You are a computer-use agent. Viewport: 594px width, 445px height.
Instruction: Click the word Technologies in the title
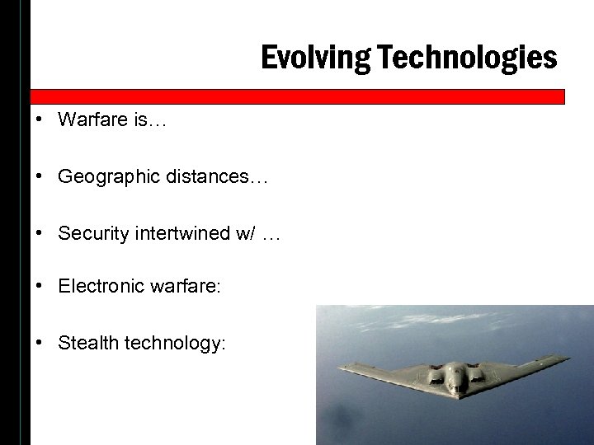465,58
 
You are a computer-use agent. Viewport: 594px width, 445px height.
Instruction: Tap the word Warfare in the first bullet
92,120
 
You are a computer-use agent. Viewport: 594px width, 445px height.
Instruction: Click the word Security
89,234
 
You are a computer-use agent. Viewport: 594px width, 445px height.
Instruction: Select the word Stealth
87,344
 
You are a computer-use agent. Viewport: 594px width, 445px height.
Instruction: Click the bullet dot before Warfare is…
40,120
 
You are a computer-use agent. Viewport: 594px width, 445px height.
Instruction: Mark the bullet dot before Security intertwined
40,234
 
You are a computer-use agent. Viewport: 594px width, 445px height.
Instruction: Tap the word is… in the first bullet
146,120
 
